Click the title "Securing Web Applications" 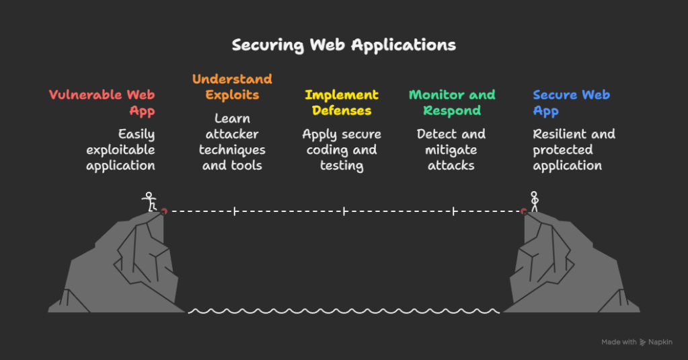tap(344, 45)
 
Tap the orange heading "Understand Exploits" tap(232, 87)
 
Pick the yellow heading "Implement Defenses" tap(342, 103)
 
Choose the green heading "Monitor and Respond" tap(452, 103)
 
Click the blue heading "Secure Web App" tap(571, 103)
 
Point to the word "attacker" tap(232, 134)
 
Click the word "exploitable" tap(121, 149)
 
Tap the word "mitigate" tap(451, 149)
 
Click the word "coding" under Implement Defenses tap(329, 149)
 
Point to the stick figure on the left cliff tap(149, 201)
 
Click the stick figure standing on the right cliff tap(535, 201)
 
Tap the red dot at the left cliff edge tap(163, 211)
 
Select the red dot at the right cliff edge tap(524, 211)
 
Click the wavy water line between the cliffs tap(344, 311)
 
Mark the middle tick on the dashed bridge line tap(344, 211)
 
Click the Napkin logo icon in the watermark tap(643, 343)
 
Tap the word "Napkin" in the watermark tap(660, 343)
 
